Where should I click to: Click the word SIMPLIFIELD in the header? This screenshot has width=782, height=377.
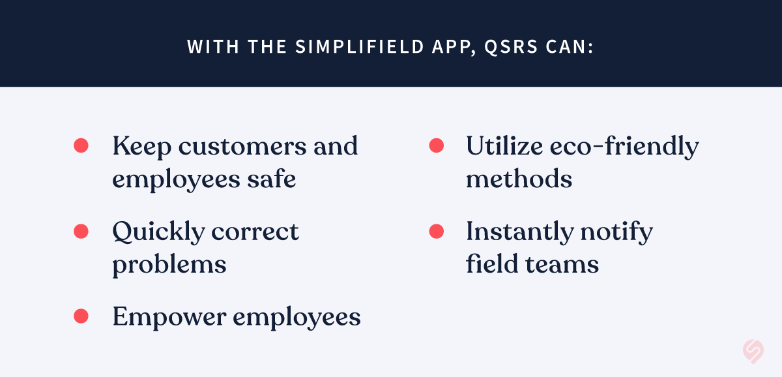360,46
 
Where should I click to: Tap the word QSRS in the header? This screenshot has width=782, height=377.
511,47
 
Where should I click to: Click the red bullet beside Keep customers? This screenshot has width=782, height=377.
81,145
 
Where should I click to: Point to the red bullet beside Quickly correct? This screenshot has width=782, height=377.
81,232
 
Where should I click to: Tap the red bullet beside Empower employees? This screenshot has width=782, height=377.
81,316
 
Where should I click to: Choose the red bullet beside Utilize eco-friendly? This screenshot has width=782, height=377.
437,145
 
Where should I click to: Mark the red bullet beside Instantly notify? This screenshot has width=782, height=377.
437,232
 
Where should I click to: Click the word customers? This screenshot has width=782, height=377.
242,147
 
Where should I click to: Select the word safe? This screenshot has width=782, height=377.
272,178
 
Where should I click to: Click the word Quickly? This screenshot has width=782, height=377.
158,232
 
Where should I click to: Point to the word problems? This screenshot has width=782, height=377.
169,265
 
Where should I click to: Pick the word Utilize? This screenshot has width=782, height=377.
504,145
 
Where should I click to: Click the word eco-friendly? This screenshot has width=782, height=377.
624,147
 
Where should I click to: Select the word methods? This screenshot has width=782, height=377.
519,178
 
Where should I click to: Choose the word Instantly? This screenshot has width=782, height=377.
520,232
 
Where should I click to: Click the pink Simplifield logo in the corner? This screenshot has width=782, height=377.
753,351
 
